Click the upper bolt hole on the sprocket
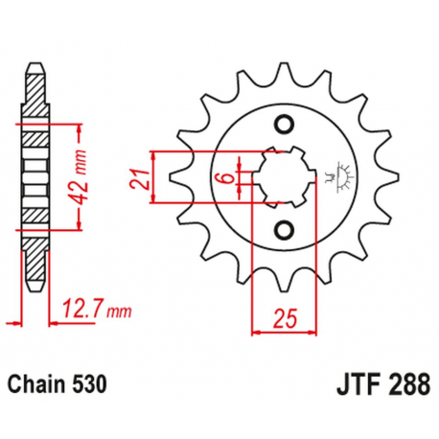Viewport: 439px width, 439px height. (x=282, y=125)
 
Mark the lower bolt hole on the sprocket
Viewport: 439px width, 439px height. (x=282, y=228)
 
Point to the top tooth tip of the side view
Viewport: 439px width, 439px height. (x=35, y=68)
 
